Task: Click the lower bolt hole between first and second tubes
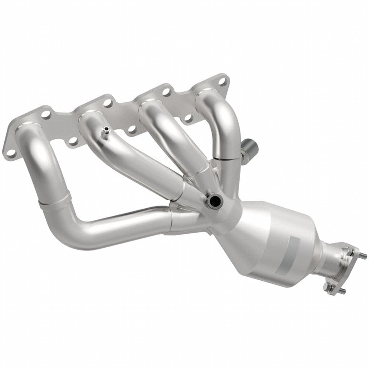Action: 74,142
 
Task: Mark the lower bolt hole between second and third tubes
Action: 132,129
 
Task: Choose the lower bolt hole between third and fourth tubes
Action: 188,118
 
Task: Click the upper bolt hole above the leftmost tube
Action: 46,115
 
